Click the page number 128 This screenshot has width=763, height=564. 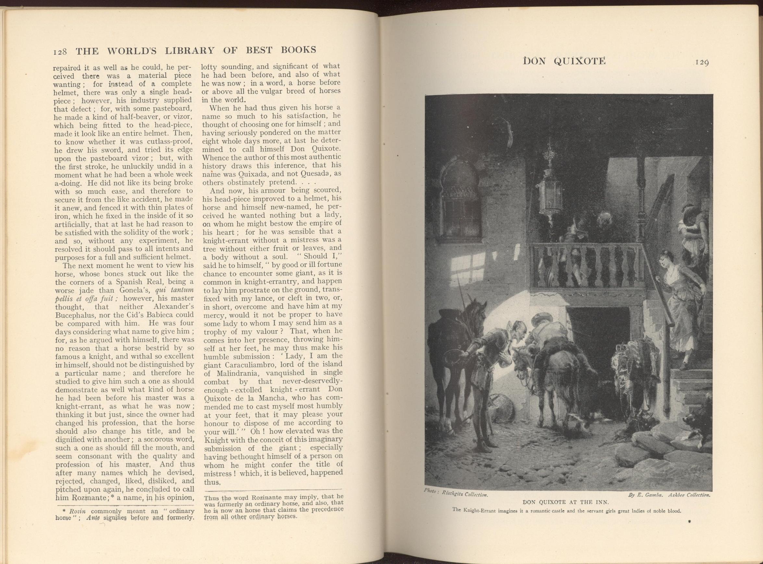coord(61,52)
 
